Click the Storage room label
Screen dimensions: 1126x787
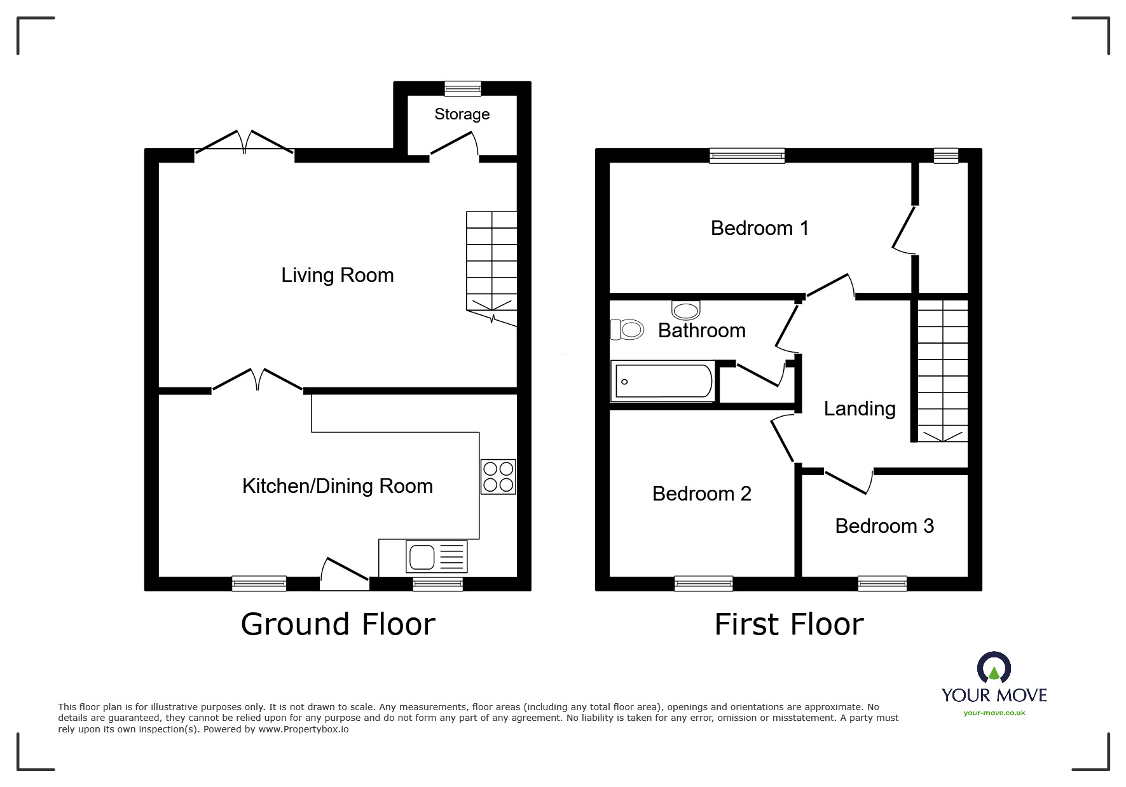tap(462, 114)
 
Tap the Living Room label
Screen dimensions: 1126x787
tap(338, 275)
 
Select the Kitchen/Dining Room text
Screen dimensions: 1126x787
tap(338, 486)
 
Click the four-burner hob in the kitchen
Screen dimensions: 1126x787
tap(498, 476)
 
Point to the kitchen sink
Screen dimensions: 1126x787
tap(436, 556)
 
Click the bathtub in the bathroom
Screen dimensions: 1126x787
tap(663, 381)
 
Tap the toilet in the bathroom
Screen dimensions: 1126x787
tap(627, 330)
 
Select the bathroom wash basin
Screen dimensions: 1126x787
tap(686, 310)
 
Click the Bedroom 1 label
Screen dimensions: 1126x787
tap(760, 228)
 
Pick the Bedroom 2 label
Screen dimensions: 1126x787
tap(702, 494)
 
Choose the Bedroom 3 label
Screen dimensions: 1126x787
tap(884, 526)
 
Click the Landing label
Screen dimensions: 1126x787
tap(860, 408)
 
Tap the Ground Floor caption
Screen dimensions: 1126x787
tap(338, 624)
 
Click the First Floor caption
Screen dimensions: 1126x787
tap(789, 624)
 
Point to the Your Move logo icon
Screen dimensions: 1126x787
tap(994, 668)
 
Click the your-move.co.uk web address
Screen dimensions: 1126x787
tap(994, 713)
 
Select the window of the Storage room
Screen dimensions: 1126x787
tap(463, 89)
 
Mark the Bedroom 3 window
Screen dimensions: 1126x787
tap(882, 584)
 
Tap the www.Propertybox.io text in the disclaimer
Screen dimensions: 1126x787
tap(303, 729)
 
